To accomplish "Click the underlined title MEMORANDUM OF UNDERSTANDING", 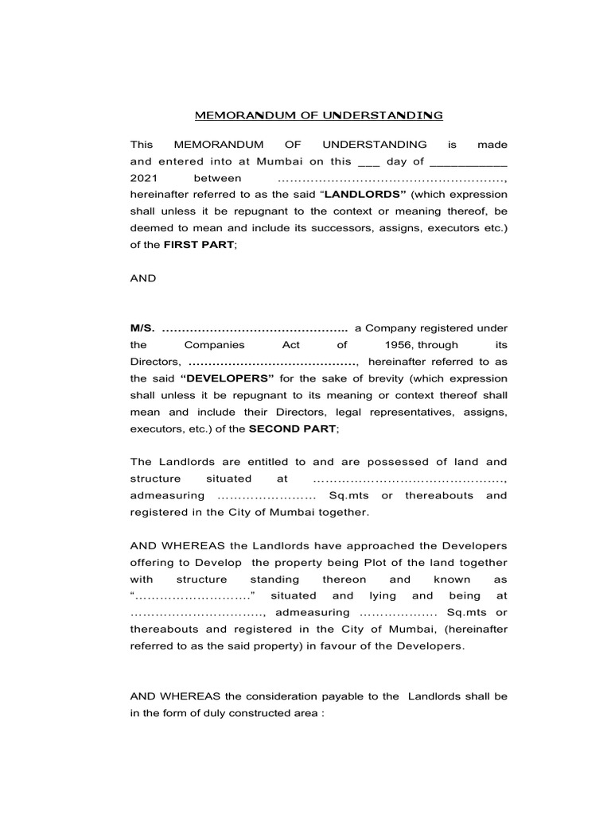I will point(319,116).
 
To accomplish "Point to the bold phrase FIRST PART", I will point(200,246).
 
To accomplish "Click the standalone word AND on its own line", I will point(143,279).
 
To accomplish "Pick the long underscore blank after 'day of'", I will point(469,162).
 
